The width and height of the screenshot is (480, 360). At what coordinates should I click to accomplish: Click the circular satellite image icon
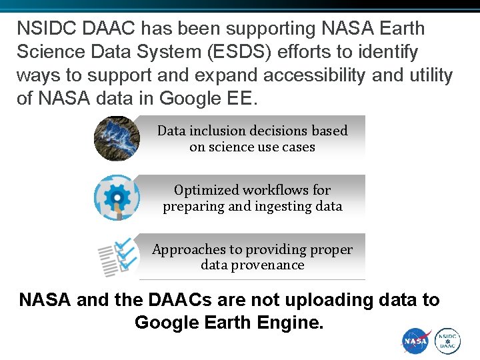point(116,139)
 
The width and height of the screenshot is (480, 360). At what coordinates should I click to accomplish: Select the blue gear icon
point(117,197)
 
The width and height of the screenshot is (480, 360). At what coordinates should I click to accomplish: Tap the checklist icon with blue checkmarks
point(117,257)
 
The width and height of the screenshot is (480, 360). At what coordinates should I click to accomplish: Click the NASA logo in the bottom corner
point(416,341)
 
